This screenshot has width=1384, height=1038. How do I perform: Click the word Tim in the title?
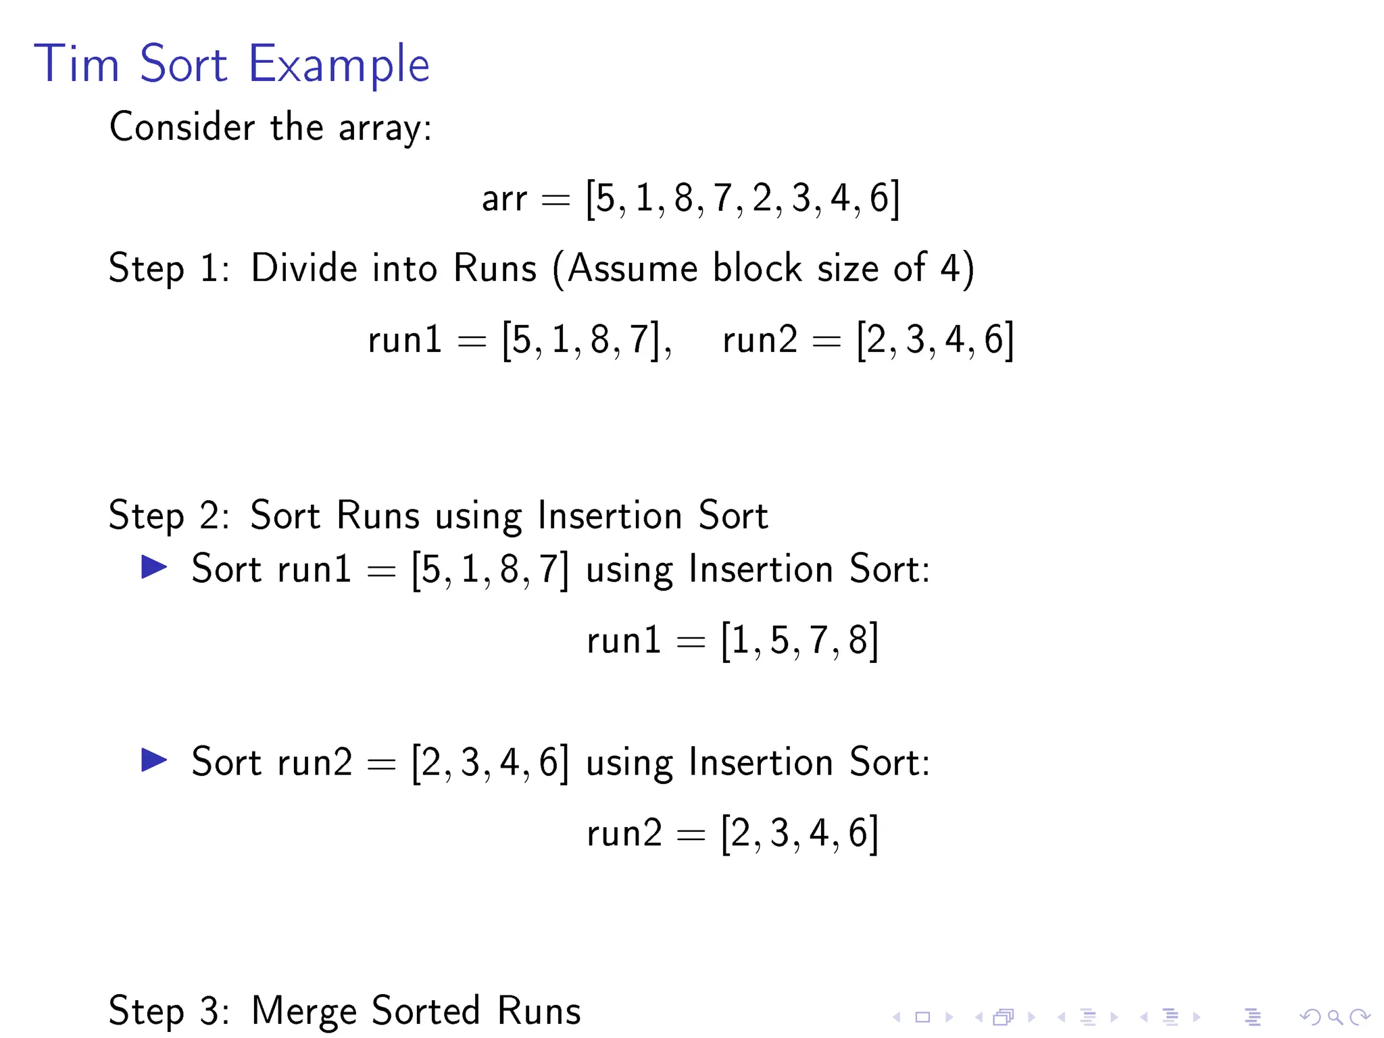(x=76, y=64)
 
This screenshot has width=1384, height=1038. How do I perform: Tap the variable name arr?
(x=503, y=199)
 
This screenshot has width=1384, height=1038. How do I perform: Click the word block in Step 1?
(x=757, y=268)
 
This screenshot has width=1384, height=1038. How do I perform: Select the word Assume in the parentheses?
(x=632, y=268)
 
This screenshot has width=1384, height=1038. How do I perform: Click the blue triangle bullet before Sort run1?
(x=154, y=567)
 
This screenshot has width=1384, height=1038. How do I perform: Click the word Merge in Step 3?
(x=303, y=1011)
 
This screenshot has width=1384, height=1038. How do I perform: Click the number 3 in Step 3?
(x=208, y=1011)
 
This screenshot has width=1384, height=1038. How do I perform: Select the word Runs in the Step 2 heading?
(x=378, y=516)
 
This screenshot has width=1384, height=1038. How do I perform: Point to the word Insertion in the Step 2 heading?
(x=610, y=516)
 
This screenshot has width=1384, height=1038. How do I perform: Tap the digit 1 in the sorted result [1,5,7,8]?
(x=741, y=640)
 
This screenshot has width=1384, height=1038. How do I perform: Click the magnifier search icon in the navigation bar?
(x=1335, y=1016)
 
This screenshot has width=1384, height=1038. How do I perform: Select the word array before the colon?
(x=380, y=128)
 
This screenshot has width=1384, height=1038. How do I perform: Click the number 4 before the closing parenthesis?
(x=949, y=268)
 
